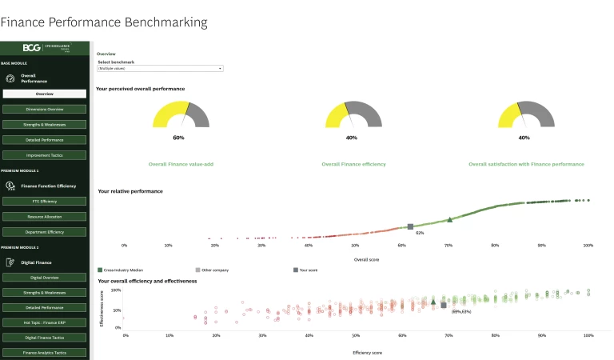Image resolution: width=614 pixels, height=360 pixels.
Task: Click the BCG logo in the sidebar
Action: point(31,48)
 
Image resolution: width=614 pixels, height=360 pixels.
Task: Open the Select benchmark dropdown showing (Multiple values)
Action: point(160,69)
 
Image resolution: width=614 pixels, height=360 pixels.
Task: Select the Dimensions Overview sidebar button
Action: point(45,109)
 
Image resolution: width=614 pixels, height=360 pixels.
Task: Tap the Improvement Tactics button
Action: point(45,155)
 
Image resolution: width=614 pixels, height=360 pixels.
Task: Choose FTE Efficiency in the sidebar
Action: point(45,201)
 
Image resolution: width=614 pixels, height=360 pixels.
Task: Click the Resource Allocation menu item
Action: point(45,217)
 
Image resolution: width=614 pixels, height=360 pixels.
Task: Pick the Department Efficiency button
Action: point(45,232)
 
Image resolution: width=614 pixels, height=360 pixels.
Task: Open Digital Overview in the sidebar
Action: point(45,278)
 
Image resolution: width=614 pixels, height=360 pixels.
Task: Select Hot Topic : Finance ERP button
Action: point(45,322)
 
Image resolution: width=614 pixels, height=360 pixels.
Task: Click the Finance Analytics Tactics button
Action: point(45,352)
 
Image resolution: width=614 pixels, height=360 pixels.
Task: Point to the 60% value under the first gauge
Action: point(178,138)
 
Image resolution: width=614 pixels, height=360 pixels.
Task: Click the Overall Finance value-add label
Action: point(181,164)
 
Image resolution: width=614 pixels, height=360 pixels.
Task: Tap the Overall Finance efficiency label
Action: point(353,164)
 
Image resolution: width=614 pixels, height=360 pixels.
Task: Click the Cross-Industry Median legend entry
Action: point(124,270)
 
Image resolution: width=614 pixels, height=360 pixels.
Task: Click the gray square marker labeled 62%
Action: point(410,227)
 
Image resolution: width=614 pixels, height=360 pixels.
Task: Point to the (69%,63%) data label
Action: point(461,311)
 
